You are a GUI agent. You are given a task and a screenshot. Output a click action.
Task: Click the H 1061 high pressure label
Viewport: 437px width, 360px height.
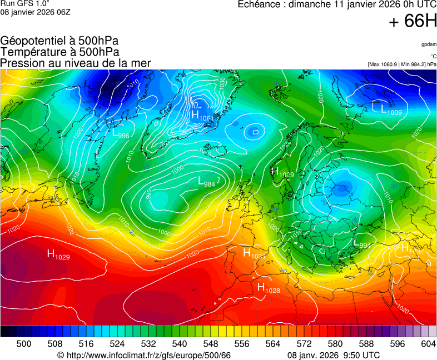click(x=202, y=116)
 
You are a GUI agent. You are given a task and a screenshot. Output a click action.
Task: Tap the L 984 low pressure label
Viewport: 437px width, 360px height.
click(x=207, y=181)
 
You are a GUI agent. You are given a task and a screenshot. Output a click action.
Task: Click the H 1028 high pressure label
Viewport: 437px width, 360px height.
click(x=269, y=288)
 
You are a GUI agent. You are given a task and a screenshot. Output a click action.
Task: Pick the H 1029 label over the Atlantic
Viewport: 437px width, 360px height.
click(x=58, y=255)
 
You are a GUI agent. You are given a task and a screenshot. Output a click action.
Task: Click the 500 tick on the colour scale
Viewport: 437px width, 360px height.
click(x=24, y=344)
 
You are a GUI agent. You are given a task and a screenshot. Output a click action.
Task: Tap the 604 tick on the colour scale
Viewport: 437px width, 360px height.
click(x=429, y=344)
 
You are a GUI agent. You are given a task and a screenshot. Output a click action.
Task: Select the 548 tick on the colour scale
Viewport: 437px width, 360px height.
click(x=211, y=344)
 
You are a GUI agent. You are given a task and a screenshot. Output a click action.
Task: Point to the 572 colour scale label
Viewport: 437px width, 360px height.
click(x=304, y=344)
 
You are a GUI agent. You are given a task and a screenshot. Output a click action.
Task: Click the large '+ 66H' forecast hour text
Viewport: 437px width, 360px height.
click(x=413, y=22)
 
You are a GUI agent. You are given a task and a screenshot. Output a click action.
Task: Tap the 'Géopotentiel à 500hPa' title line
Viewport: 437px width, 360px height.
click(x=59, y=41)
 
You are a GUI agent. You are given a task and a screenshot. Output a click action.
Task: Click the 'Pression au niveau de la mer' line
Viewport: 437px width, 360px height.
click(x=76, y=63)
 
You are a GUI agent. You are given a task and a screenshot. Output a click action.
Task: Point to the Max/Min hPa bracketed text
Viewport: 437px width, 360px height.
click(x=402, y=64)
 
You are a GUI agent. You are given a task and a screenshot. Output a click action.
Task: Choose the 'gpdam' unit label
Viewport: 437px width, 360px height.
click(x=429, y=44)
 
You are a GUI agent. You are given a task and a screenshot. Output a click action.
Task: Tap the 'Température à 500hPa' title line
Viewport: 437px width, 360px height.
click(x=59, y=52)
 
